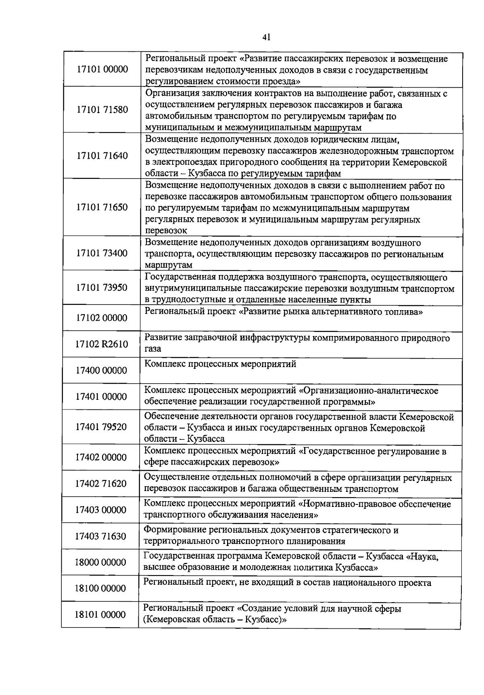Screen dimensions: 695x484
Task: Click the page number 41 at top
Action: point(266,37)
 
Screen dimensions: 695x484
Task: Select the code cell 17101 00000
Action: point(102,69)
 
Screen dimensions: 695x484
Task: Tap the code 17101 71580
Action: point(102,110)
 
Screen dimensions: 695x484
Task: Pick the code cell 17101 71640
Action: point(102,156)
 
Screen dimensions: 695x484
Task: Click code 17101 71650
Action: point(102,207)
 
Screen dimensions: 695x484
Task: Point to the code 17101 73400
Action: point(102,253)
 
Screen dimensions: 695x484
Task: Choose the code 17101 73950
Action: point(102,288)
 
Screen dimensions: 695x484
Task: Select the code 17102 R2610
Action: point(102,344)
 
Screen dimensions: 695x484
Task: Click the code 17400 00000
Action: point(101,370)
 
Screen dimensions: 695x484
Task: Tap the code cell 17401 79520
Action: point(101,427)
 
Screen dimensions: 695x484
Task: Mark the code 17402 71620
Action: point(101,483)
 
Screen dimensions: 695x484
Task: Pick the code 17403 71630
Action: point(101,536)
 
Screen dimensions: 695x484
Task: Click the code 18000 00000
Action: point(100,562)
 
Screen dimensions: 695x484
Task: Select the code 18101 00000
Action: point(100,615)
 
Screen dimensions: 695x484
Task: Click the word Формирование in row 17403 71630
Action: point(171,530)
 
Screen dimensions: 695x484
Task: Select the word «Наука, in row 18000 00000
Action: point(422,556)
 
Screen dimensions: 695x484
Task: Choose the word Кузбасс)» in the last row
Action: point(266,620)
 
